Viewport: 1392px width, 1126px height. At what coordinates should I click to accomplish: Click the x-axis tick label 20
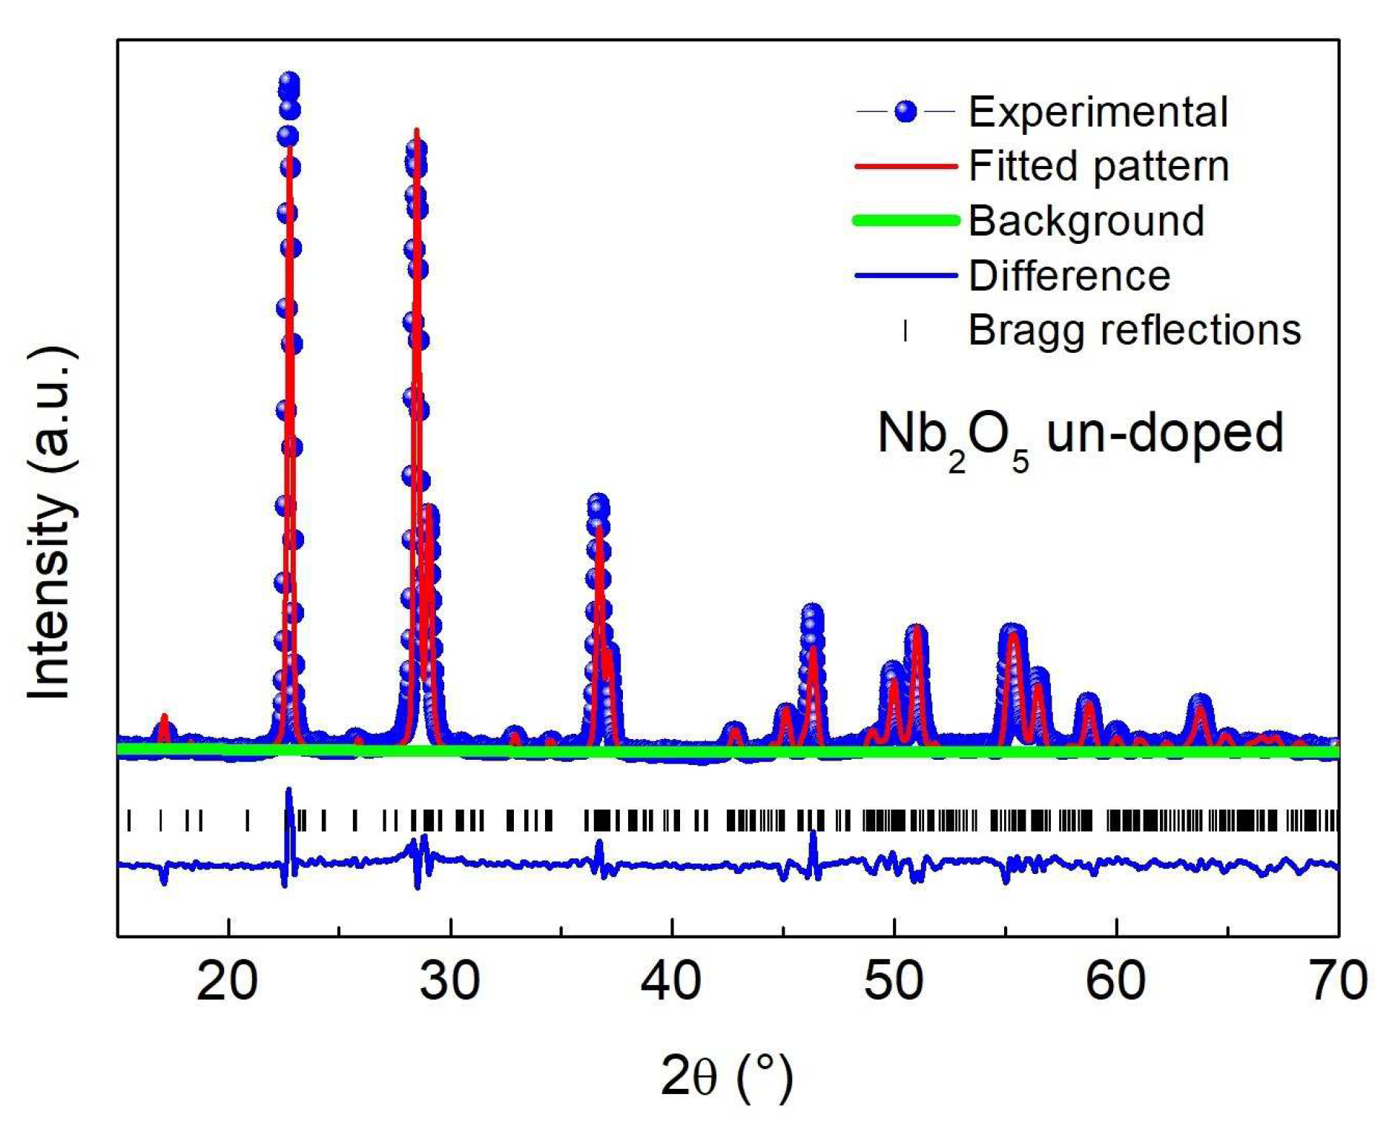click(x=228, y=981)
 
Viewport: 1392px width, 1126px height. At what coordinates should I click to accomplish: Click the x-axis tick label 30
click(x=449, y=981)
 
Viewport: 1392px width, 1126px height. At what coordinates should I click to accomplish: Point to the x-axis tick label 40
click(x=671, y=981)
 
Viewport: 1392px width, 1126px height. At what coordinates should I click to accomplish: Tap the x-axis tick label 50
click(x=894, y=981)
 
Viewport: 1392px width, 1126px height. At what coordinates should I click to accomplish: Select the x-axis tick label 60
click(x=1115, y=981)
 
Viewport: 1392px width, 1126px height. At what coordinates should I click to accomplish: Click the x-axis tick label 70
click(x=1337, y=981)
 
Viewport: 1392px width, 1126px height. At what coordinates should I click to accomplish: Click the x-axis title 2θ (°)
click(x=728, y=1076)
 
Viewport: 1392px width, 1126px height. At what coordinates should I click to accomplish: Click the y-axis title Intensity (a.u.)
click(x=50, y=522)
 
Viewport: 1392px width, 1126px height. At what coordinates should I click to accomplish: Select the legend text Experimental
click(x=1098, y=112)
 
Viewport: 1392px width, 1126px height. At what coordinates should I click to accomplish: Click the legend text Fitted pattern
click(x=1098, y=166)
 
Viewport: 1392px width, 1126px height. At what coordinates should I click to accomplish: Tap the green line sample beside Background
click(x=906, y=220)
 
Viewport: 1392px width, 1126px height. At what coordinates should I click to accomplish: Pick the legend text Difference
click(x=1069, y=276)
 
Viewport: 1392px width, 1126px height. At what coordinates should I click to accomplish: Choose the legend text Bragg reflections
click(x=1135, y=330)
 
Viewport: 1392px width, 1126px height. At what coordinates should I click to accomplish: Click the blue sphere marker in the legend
click(x=906, y=112)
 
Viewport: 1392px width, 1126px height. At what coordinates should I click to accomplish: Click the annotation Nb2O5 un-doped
click(x=1079, y=435)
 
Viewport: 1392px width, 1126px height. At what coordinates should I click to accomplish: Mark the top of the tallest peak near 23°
click(x=289, y=82)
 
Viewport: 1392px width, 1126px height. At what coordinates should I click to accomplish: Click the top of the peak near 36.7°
click(x=598, y=506)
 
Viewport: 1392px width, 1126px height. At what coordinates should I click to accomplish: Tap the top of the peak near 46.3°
click(x=812, y=614)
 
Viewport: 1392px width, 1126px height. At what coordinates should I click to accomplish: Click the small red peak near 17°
click(x=165, y=718)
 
